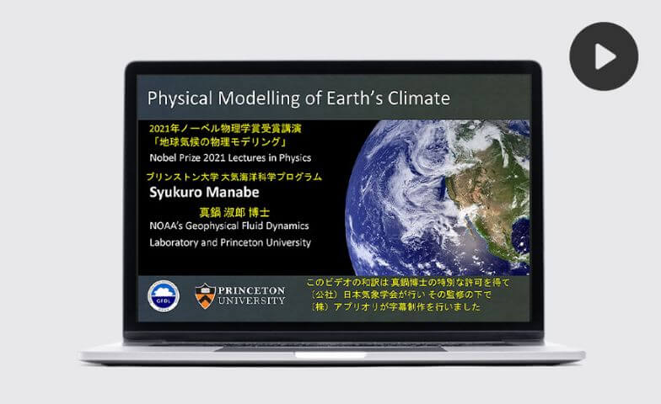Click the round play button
tap(604, 56)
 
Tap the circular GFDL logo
tap(164, 296)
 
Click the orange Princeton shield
tap(206, 296)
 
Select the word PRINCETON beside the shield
tap(251, 290)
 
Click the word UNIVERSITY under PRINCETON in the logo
tap(251, 301)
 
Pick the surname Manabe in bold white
tap(234, 192)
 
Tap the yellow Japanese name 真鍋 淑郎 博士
tap(234, 212)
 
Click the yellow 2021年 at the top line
tap(165, 128)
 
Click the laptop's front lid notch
tap(330, 355)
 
